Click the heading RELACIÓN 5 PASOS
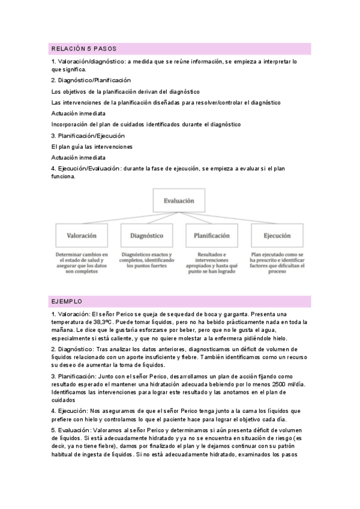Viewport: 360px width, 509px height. pyautogui.click(x=84, y=48)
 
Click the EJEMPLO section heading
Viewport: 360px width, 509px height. pyautogui.click(x=67, y=301)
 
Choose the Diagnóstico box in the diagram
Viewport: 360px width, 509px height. pyautogui.click(x=147, y=236)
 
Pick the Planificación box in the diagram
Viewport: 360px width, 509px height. pyautogui.click(x=211, y=236)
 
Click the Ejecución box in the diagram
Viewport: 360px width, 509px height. pyautogui.click(x=276, y=236)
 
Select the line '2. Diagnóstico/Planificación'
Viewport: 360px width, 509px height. pyautogui.click(x=91, y=80)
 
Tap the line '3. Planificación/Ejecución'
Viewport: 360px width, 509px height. pyautogui.click(x=88, y=136)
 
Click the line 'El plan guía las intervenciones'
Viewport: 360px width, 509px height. pyautogui.click(x=92, y=146)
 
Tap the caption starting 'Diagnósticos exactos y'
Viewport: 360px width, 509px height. pyautogui.click(x=147, y=261)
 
